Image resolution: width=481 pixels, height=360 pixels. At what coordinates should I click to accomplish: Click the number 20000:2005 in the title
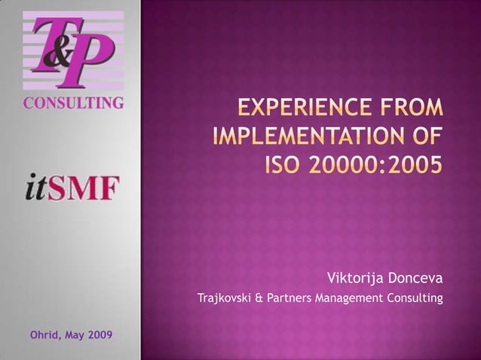pyautogui.click(x=375, y=163)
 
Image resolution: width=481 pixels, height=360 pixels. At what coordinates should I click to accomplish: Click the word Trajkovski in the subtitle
pyautogui.click(x=223, y=300)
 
